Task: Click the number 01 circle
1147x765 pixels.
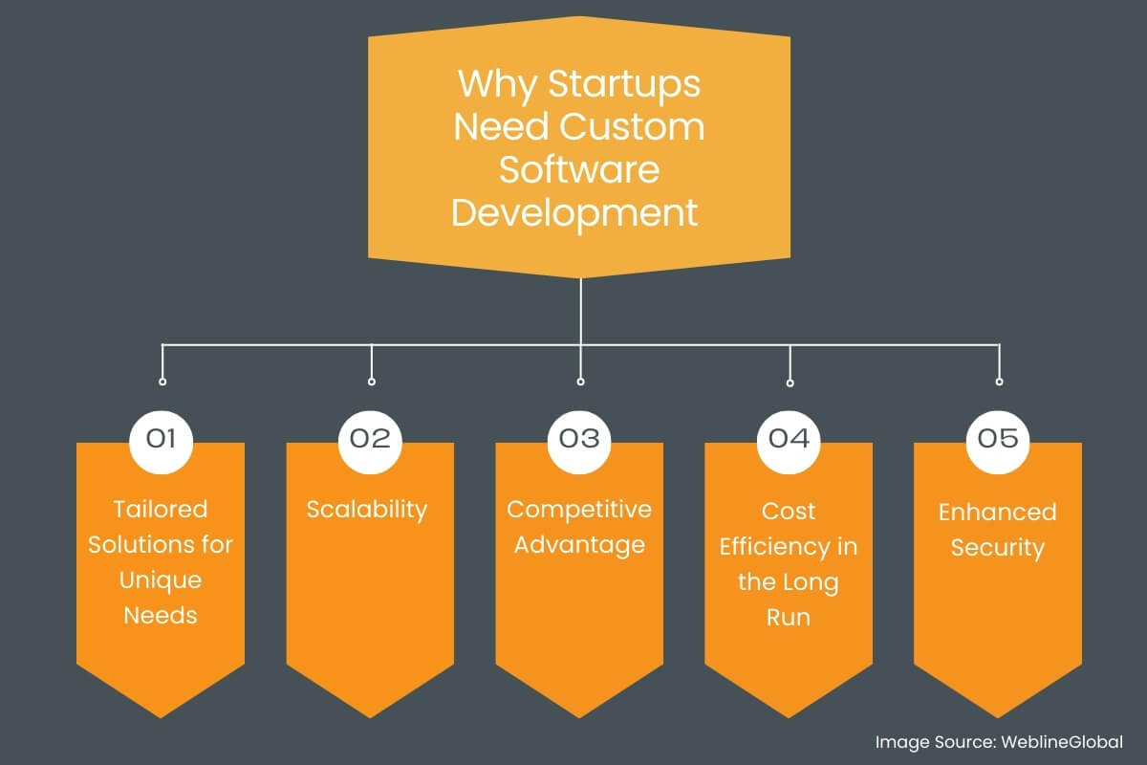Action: [x=161, y=438]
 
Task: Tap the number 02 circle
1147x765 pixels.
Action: [x=371, y=438]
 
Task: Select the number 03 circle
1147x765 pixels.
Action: [x=579, y=438]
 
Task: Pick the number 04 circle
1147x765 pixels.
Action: [x=790, y=438]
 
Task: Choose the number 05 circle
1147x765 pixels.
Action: [x=999, y=438]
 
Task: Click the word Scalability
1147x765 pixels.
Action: [x=366, y=510]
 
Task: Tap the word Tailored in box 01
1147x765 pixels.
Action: [x=161, y=510]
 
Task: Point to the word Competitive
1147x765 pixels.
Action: [x=579, y=510]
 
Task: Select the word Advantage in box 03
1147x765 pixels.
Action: [x=579, y=546]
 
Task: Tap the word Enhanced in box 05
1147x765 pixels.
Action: [x=998, y=512]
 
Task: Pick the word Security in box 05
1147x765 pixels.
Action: [x=998, y=548]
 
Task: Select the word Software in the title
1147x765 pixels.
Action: [x=579, y=169]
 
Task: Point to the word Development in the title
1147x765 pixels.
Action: [x=575, y=213]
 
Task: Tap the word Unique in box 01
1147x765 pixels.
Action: [x=161, y=581]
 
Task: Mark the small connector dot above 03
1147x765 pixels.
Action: [x=580, y=382]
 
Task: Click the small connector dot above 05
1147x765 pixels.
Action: [x=999, y=382]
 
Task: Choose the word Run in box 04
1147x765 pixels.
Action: [x=789, y=618]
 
